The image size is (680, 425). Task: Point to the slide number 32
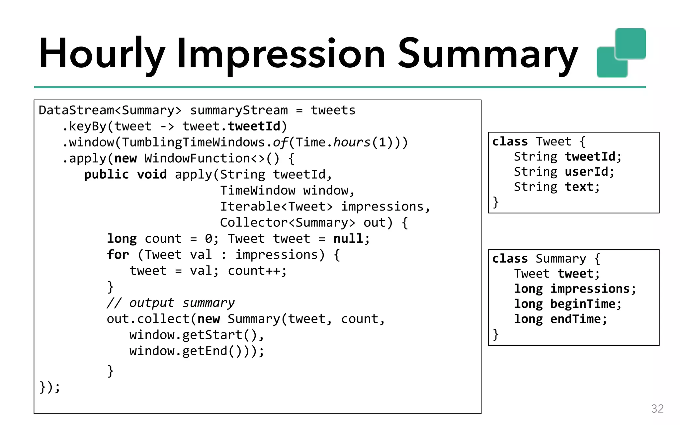pos(657,408)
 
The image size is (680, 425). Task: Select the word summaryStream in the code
pos(239,110)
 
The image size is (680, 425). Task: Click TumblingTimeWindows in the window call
pos(194,142)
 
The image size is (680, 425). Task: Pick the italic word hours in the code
pos(352,142)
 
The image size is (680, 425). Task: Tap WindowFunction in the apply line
pos(197,158)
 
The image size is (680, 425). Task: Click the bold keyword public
pos(106,175)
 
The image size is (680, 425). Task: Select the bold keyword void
pos(152,175)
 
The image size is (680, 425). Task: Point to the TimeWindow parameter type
pos(258,191)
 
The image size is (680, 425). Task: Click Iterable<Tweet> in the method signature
pos(276,207)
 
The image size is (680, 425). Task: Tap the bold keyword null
pos(348,239)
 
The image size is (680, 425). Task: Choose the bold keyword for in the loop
pos(118,255)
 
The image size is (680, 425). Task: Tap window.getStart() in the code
pos(195,335)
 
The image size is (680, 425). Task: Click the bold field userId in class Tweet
pos(586,172)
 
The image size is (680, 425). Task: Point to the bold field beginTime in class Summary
pos(583,304)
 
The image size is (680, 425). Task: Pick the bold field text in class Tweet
pos(579,187)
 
